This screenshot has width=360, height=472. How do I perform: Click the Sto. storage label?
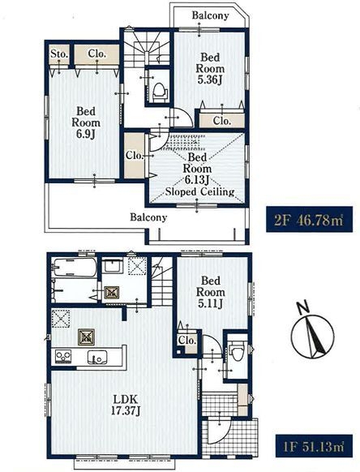click(x=59, y=54)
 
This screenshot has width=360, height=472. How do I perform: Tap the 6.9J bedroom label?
click(x=86, y=122)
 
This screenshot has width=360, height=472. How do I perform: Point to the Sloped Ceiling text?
click(x=200, y=191)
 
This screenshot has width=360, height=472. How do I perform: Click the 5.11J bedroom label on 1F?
click(x=211, y=292)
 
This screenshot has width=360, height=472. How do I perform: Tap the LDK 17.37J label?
click(x=126, y=405)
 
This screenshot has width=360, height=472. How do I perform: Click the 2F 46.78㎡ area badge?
click(x=309, y=219)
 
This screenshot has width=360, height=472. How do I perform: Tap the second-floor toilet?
click(x=160, y=90)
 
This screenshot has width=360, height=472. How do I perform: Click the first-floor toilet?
click(x=236, y=351)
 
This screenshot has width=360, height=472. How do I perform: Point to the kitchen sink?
click(x=97, y=358)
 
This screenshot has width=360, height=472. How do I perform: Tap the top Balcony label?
click(x=210, y=15)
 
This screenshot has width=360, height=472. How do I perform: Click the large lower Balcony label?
click(x=148, y=217)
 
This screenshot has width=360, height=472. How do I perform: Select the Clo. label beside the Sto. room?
click(x=97, y=54)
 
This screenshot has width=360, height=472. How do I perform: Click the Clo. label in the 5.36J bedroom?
click(x=222, y=121)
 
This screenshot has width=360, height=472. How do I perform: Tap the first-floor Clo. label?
click(x=187, y=341)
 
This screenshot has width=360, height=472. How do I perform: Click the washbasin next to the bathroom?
click(x=112, y=266)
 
